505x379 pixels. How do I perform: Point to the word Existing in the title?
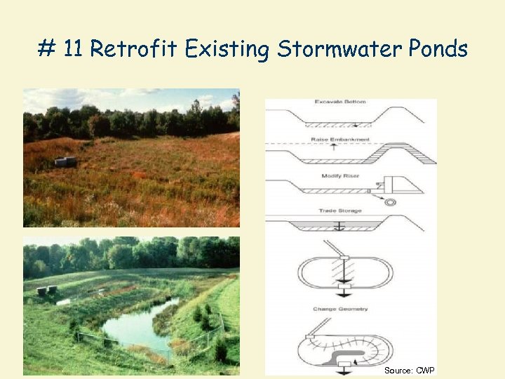click(x=228, y=49)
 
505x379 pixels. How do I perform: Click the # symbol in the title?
click(x=46, y=49)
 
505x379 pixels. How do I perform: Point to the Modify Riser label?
click(x=341, y=175)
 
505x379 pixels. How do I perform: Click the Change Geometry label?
click(x=341, y=309)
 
